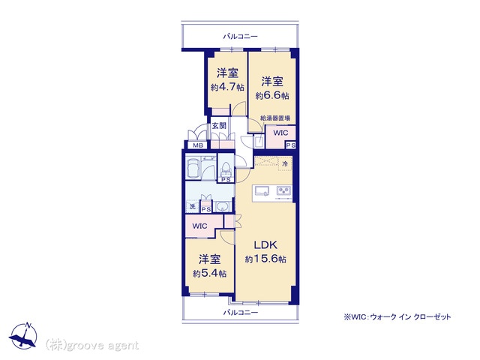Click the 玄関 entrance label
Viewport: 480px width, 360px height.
tap(219, 125)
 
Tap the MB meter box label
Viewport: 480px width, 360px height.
tap(198, 145)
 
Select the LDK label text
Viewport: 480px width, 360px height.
tap(265, 245)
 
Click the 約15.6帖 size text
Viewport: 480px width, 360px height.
tap(265, 259)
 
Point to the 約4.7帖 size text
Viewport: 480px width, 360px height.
tap(227, 88)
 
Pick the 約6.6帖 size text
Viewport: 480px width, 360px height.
tap(272, 96)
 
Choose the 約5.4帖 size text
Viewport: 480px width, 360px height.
tap(210, 273)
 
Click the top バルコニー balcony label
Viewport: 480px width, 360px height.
tap(240, 37)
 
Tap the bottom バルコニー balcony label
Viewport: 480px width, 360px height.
tap(240, 313)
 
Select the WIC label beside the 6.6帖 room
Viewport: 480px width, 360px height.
tap(280, 133)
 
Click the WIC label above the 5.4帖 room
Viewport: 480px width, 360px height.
tap(200, 226)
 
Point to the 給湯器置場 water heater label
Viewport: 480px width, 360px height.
tap(275, 118)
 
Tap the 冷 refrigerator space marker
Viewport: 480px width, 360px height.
tap(285, 163)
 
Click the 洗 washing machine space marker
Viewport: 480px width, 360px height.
tap(192, 207)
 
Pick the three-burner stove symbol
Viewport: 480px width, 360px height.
tap(283, 191)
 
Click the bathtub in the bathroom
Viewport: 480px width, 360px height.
tap(193, 168)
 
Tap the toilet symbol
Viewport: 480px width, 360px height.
tap(226, 168)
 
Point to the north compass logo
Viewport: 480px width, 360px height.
tap(23, 336)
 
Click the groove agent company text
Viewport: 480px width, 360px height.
tap(92, 346)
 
